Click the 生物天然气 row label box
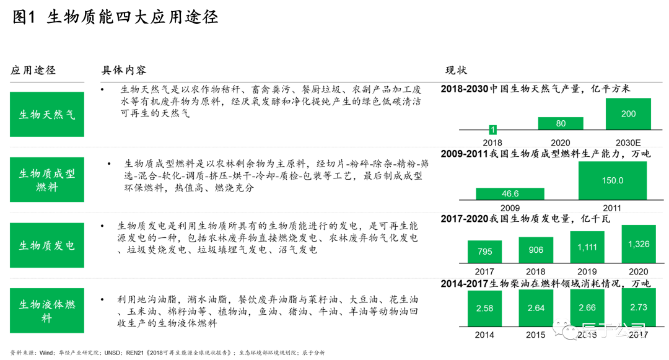47,115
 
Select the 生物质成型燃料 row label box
47,180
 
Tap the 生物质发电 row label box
47,245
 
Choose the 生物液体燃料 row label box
47,310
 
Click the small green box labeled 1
493,130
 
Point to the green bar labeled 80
561,123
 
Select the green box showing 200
628,114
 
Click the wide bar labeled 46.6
510,194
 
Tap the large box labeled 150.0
613,180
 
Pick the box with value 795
484,252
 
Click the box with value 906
536,250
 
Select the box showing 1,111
587,247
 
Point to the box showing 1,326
639,244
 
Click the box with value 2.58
484,308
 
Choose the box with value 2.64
536,308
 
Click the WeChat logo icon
565,329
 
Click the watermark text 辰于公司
613,330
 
